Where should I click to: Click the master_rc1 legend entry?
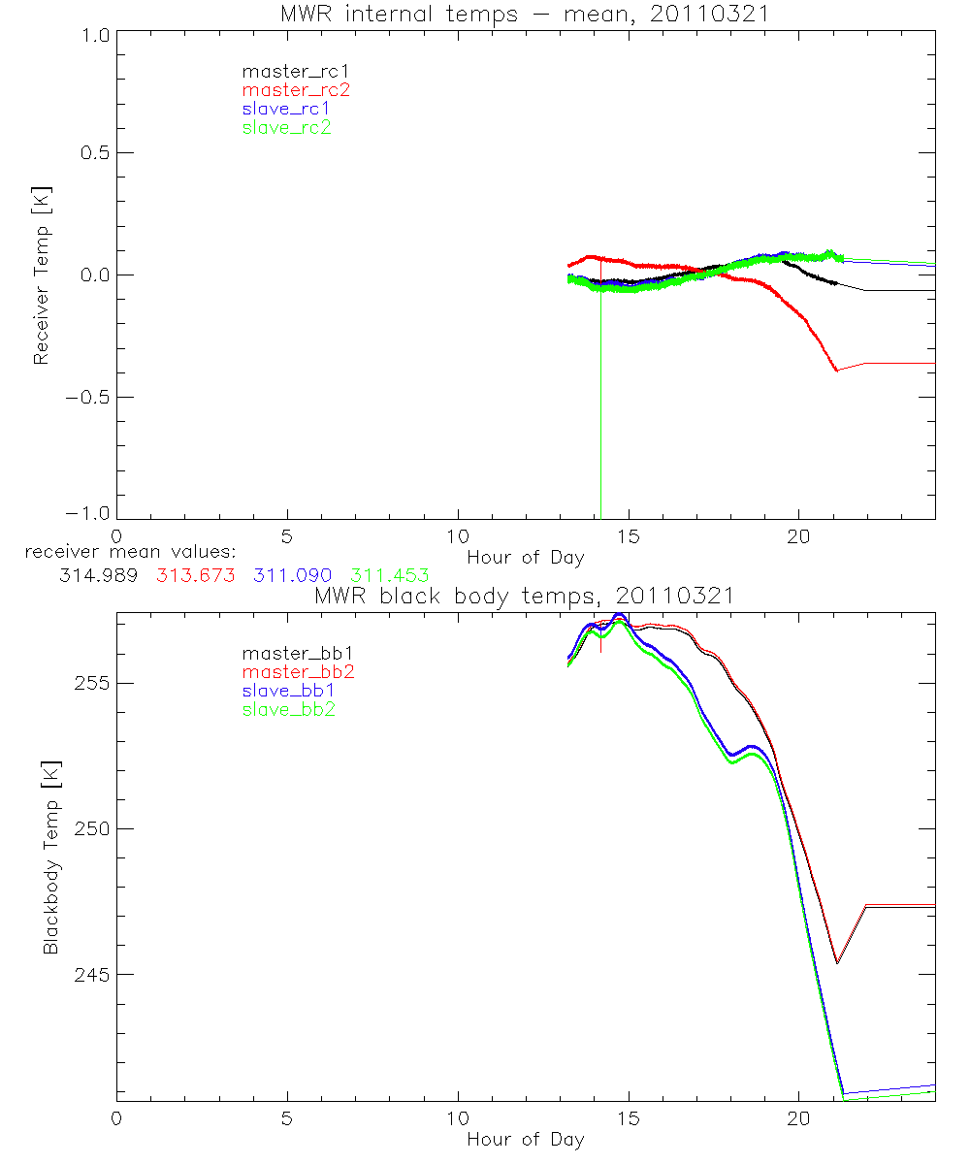pos(286,71)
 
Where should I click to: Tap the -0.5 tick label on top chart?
pos(86,397)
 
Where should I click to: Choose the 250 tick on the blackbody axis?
pos(89,828)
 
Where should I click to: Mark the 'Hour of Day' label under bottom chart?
pos(525,1139)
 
